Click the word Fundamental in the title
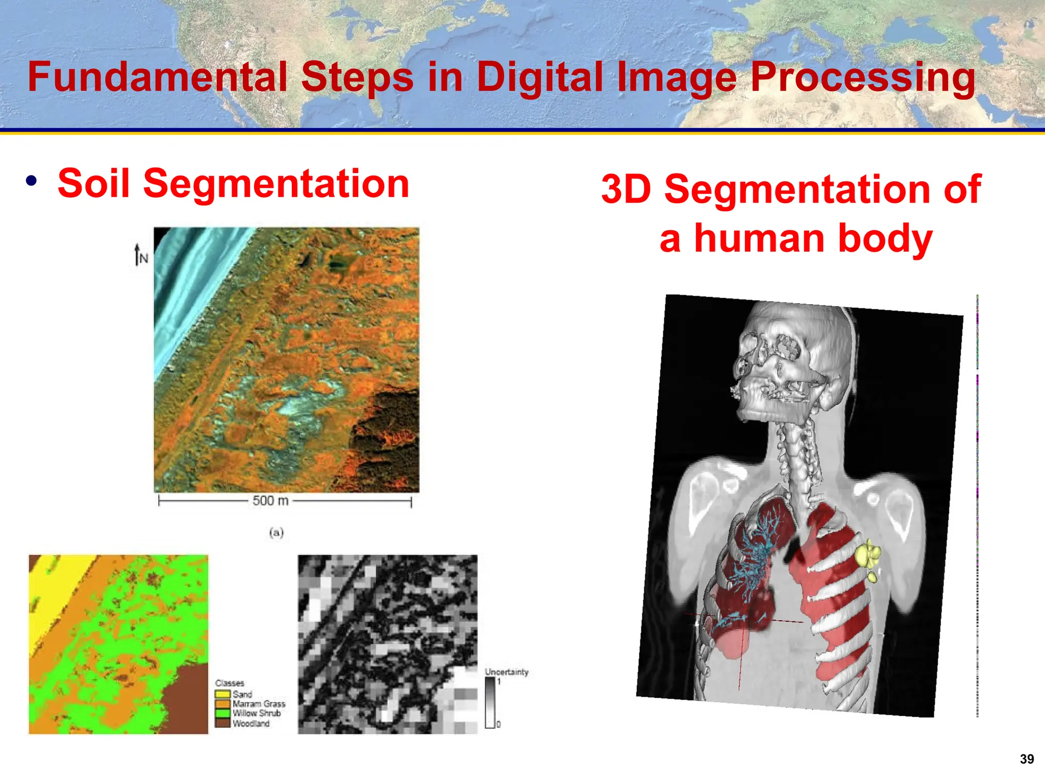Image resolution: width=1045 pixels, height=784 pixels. point(157,77)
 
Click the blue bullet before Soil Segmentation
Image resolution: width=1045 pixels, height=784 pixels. point(32,181)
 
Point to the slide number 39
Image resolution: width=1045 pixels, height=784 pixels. point(1027,759)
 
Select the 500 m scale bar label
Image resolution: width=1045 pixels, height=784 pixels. point(270,501)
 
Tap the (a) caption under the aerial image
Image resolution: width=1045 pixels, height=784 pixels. point(276,533)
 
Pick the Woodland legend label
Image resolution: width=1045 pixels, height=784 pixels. point(251,723)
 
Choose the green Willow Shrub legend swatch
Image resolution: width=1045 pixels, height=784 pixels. point(222,714)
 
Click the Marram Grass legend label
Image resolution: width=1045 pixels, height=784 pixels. point(259,704)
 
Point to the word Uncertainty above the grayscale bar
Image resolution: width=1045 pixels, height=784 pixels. point(506,672)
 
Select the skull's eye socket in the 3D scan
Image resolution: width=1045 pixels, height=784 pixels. point(786,350)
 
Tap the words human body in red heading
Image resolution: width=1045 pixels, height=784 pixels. point(813,239)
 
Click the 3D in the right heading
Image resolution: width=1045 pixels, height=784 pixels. point(626,189)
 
